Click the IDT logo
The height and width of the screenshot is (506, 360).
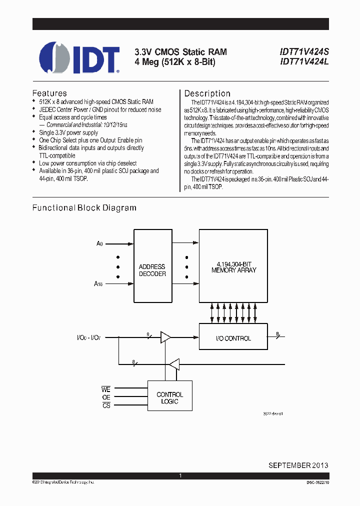79,57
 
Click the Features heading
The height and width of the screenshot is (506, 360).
49,93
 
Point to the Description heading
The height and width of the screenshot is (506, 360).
207,93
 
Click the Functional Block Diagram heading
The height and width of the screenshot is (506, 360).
84,207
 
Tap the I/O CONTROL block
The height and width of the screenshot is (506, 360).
233,338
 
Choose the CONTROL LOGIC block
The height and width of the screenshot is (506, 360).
170,398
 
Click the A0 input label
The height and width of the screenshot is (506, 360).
99,244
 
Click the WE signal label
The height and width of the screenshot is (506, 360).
105,388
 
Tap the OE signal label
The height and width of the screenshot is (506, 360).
106,398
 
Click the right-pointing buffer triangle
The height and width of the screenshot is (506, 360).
165,338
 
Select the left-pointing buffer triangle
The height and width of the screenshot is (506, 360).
173,364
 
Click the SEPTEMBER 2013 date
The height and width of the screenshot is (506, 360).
298,464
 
